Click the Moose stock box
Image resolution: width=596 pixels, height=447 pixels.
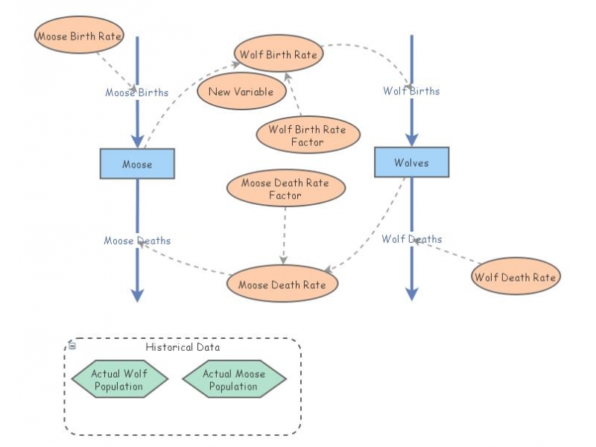tap(137, 164)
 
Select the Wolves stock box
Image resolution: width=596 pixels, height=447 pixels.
tap(411, 162)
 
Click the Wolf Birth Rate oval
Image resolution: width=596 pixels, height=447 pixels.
tap(278, 54)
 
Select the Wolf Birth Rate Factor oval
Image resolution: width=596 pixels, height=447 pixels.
tap(308, 135)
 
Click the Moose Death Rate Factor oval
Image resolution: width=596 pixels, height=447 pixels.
tap(285, 188)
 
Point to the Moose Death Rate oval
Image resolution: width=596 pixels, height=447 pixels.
tap(282, 284)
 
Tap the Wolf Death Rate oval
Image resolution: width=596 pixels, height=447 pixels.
tap(515, 277)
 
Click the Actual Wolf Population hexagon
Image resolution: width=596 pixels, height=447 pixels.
tap(119, 379)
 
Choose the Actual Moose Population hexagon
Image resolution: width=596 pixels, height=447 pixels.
tap(234, 379)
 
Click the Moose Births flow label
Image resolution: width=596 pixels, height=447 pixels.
tap(136, 92)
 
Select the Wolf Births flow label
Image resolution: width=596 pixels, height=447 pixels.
tap(411, 91)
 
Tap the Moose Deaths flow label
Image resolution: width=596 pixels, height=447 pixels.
tap(137, 241)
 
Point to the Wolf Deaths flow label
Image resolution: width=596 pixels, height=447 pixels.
tap(411, 239)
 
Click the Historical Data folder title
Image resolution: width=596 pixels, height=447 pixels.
tap(183, 347)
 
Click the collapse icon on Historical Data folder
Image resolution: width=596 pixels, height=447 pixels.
tap(72, 345)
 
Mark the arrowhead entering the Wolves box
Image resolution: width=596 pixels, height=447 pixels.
tap(411, 141)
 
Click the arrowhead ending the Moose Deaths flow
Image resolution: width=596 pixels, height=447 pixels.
tap(137, 296)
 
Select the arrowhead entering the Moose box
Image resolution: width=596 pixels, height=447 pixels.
tap(137, 142)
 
